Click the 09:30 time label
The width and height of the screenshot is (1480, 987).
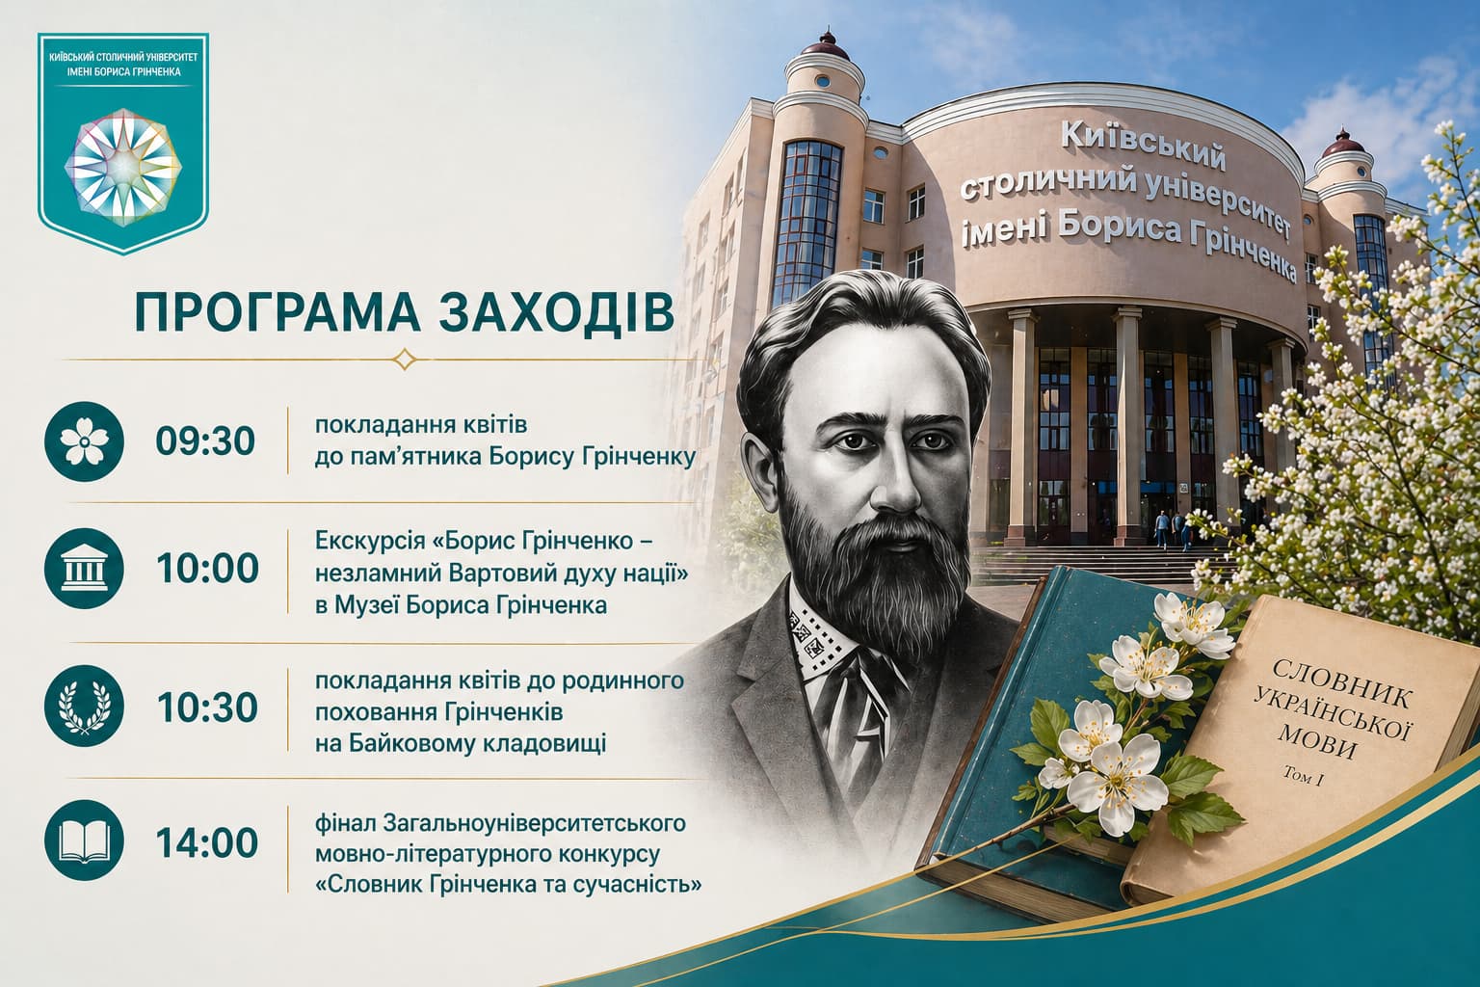pyautogui.click(x=205, y=440)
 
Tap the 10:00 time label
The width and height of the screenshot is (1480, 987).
pyautogui.click(x=207, y=569)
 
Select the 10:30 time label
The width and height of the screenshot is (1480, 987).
pyautogui.click(x=207, y=707)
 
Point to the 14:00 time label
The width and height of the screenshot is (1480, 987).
pyautogui.click(x=207, y=842)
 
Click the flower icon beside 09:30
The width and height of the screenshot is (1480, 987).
pyautogui.click(x=84, y=440)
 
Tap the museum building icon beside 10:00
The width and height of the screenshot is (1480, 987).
pyautogui.click(x=84, y=569)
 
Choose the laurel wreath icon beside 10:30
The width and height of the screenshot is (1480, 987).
pyautogui.click(x=84, y=707)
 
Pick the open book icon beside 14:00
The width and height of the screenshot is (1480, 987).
pyautogui.click(x=84, y=840)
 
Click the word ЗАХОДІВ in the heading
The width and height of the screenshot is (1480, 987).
pyautogui.click(x=556, y=311)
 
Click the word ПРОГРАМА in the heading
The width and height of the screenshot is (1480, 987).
pyautogui.click(x=277, y=311)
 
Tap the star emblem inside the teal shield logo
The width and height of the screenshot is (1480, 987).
pyautogui.click(x=123, y=168)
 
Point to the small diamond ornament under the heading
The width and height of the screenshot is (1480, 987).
pyautogui.click(x=405, y=360)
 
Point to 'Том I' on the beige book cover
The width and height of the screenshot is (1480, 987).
pyautogui.click(x=1303, y=776)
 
